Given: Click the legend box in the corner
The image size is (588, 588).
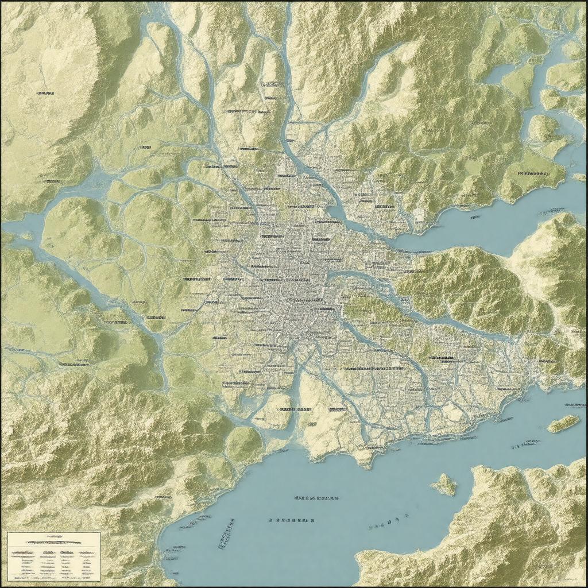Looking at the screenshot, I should [54, 556].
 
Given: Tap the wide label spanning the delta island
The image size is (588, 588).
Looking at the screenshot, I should [295, 410].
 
